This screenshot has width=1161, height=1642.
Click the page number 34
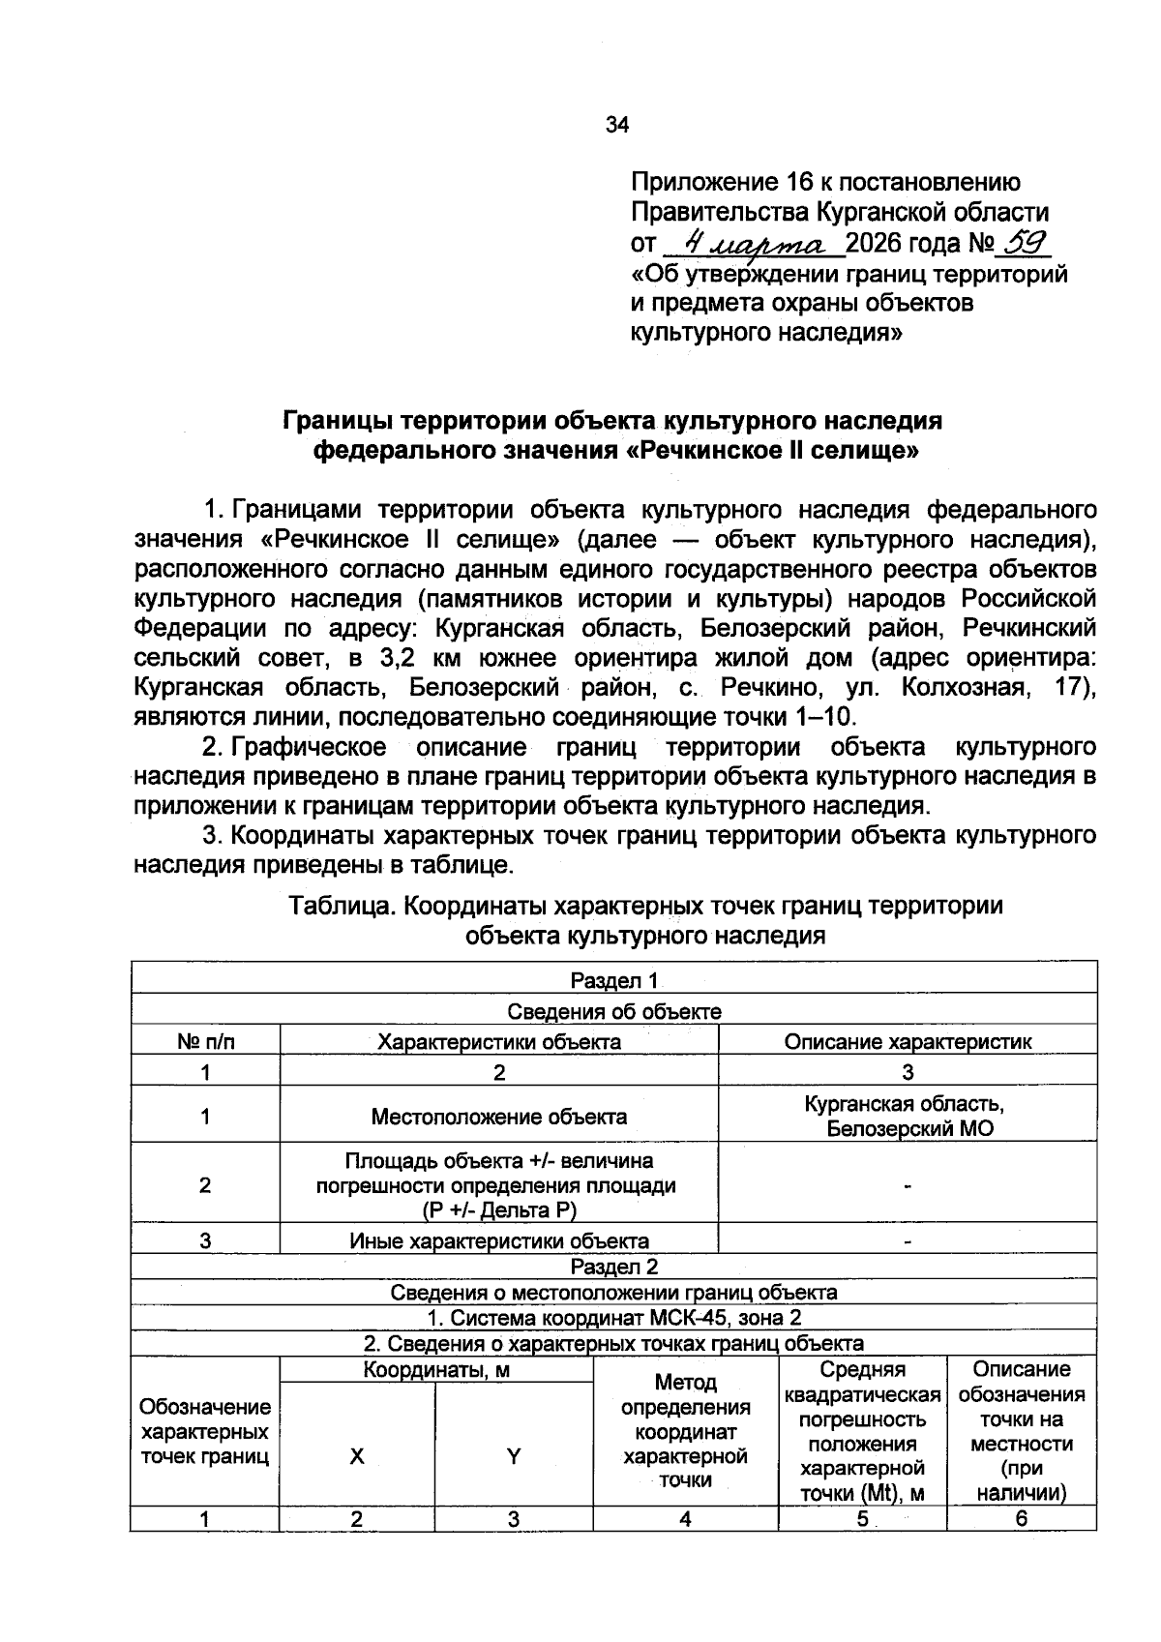click(616, 125)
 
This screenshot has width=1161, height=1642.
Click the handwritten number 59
click(1025, 240)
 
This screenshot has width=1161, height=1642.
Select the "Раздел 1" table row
click(613, 981)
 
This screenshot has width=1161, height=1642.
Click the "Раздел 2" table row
click(613, 1267)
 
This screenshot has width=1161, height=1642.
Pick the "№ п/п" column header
click(205, 1042)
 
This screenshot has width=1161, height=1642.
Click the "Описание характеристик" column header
click(907, 1042)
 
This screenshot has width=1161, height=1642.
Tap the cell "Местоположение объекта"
click(498, 1117)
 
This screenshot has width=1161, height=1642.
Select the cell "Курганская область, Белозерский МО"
click(907, 1117)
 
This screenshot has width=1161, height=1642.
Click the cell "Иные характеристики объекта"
click(498, 1240)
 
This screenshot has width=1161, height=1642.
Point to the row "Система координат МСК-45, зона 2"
click(613, 1318)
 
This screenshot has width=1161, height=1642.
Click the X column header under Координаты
click(357, 1456)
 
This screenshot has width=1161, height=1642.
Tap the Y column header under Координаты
click(514, 1456)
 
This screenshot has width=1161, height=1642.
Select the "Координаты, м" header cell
click(435, 1370)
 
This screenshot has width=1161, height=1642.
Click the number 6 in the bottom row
click(1021, 1519)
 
